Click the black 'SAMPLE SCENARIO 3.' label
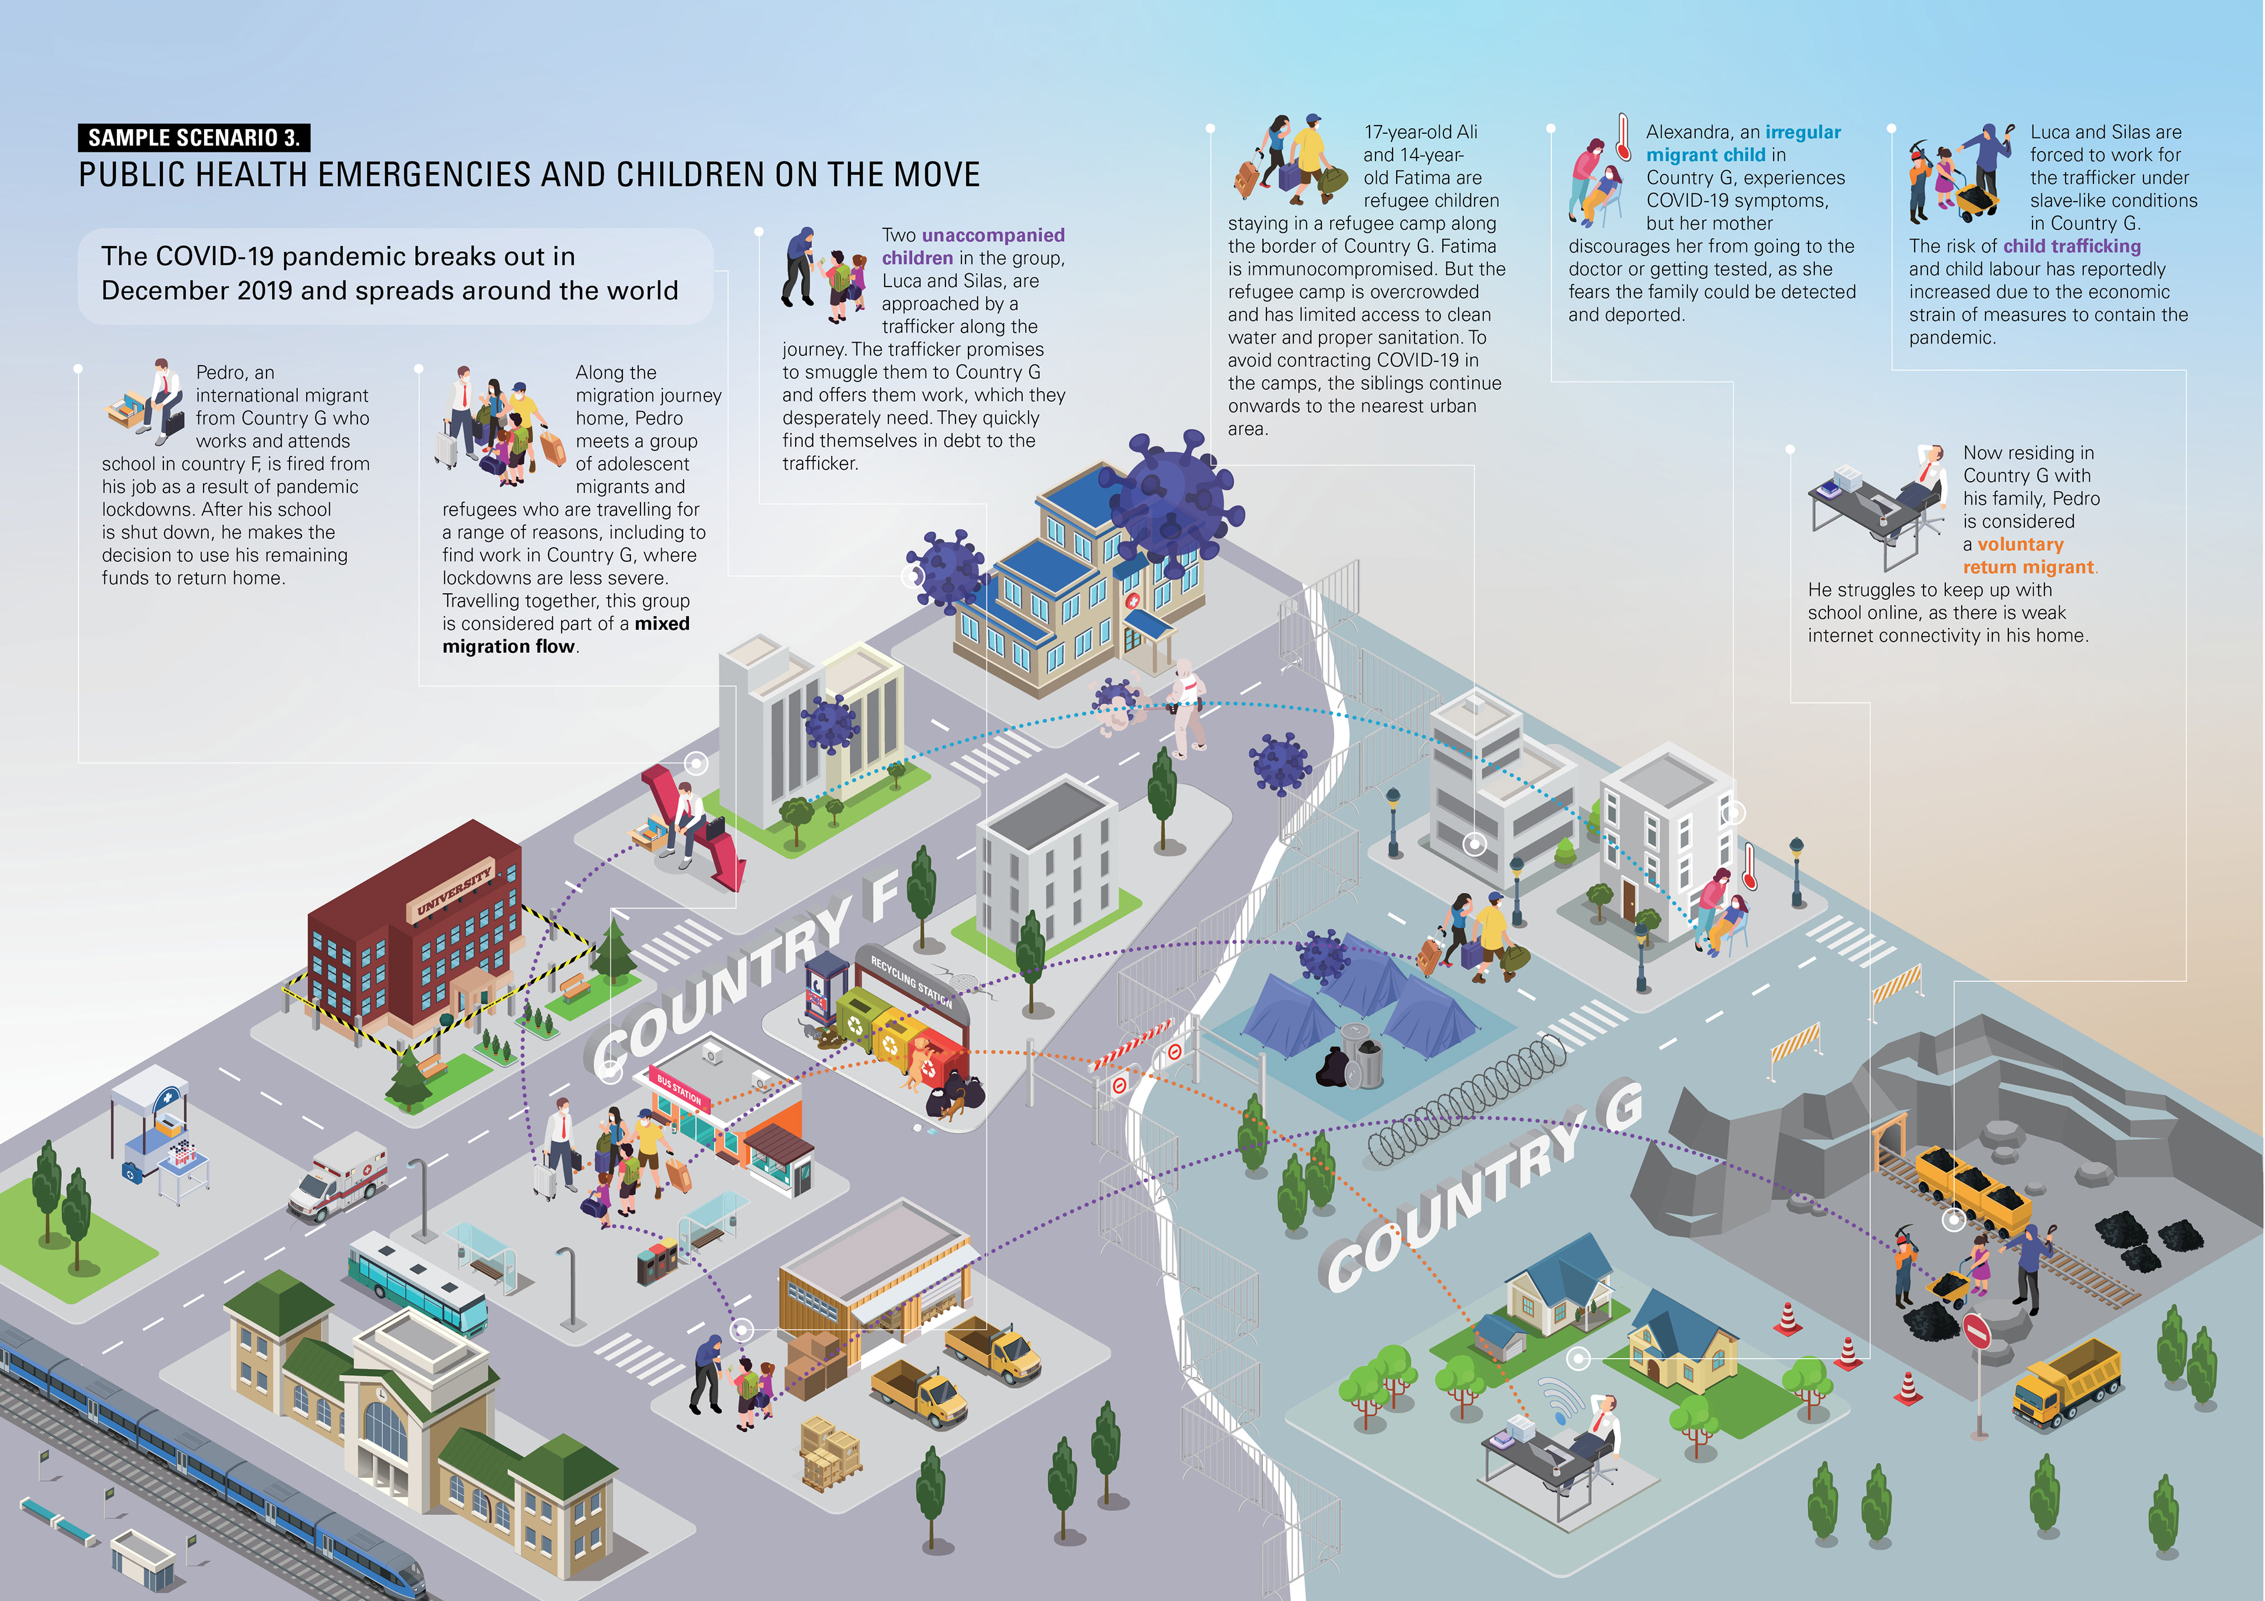point(193,137)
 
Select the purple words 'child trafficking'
point(2072,246)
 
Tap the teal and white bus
point(416,1283)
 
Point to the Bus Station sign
point(679,1090)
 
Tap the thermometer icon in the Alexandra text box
point(1622,138)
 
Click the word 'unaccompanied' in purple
point(993,235)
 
